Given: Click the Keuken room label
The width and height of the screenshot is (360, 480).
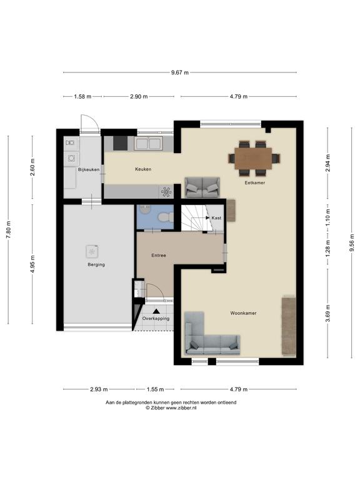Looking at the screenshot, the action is coord(143,169).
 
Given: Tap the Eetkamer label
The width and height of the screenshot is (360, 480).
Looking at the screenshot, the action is coord(255,182).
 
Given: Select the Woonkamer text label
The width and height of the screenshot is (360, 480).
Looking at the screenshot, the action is coord(243,313).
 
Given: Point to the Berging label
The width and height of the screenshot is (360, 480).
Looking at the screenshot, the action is coord(96,265).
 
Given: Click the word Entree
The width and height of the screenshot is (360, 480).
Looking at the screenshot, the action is coord(159,255).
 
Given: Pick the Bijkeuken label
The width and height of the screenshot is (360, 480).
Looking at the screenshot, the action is coord(89,169).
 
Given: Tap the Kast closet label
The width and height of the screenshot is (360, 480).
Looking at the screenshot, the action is coord(216,218).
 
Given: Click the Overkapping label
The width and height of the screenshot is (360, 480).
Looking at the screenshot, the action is coord(156,318).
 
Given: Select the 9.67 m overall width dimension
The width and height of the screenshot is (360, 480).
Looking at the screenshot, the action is coord(180,72).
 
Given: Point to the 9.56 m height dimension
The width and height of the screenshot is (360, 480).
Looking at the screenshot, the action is coord(352,243).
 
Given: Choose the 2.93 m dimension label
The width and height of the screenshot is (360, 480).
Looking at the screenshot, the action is coord(99,389).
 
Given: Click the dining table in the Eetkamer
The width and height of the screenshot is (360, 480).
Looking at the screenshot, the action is coord(254,159).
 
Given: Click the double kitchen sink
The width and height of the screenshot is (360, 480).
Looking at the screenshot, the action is coord(148,143).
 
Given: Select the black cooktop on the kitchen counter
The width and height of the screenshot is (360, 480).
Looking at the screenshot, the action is coord(120,143).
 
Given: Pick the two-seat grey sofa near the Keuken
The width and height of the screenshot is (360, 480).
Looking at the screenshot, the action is coord(202,187).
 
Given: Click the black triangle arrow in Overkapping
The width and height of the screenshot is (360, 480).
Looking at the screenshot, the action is coord(156,311).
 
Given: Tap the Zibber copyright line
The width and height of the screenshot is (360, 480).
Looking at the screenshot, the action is coord(171,407).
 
